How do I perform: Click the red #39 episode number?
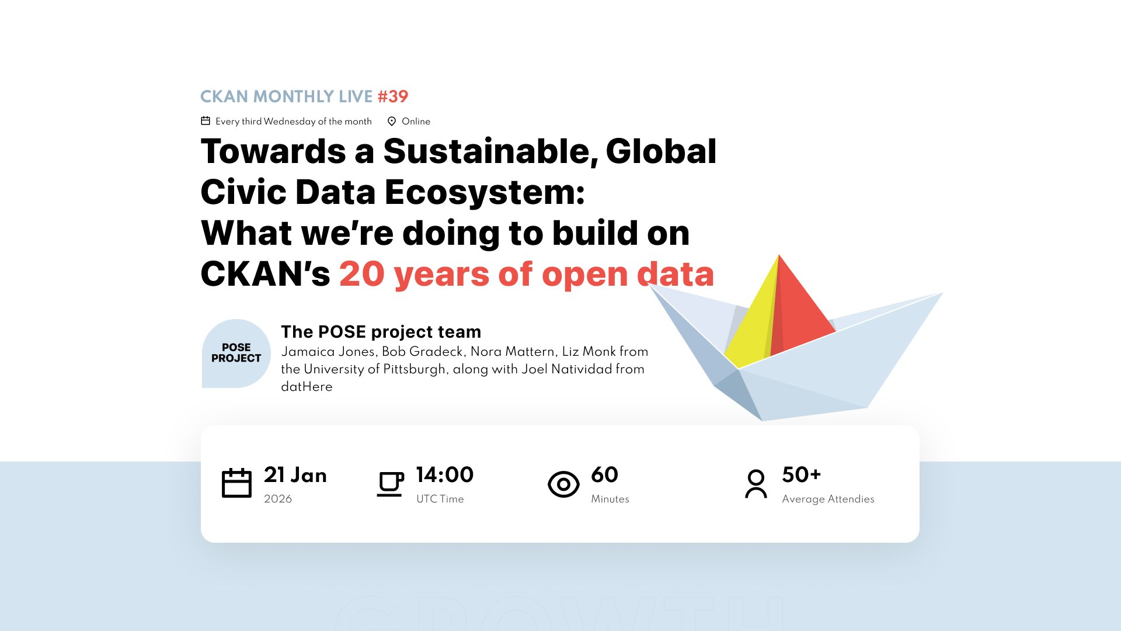(x=393, y=96)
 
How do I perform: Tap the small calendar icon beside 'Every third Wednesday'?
(x=206, y=121)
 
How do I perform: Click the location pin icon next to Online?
(x=392, y=121)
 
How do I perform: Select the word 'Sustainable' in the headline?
(x=490, y=151)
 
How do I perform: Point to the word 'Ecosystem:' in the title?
(x=485, y=192)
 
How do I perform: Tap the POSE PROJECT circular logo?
(x=236, y=353)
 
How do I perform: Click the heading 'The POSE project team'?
(x=381, y=332)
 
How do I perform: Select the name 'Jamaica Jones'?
(x=329, y=352)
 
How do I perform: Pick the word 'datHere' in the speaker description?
(x=307, y=387)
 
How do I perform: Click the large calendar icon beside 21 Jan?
(x=236, y=483)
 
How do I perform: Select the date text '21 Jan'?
(x=295, y=475)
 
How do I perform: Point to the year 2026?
(x=278, y=499)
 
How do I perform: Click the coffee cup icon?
(x=390, y=484)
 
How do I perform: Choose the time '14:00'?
(x=445, y=475)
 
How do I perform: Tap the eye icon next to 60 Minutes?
(x=563, y=484)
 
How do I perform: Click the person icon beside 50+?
(x=756, y=484)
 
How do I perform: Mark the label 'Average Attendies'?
(x=828, y=499)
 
